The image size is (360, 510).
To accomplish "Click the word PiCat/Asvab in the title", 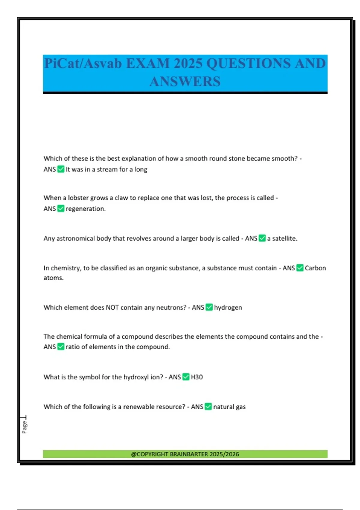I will tap(83, 64).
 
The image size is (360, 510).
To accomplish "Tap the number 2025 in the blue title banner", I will tap(188, 64).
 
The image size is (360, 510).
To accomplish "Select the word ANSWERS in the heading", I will tap(185, 82).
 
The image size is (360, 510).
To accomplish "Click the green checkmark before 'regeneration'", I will tap(61, 208).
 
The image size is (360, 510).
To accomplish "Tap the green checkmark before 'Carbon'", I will tap(300, 268).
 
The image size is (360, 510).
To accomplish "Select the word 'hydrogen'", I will tap(228, 307).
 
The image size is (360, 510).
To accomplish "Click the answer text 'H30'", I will tap(197, 377).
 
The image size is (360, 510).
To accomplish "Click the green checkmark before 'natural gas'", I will tap(208, 407).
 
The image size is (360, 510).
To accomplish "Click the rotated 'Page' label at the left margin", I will tap(24, 427).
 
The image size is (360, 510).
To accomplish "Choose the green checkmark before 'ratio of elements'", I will tap(61, 347).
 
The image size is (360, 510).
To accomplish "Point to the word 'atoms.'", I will tap(53, 278).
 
